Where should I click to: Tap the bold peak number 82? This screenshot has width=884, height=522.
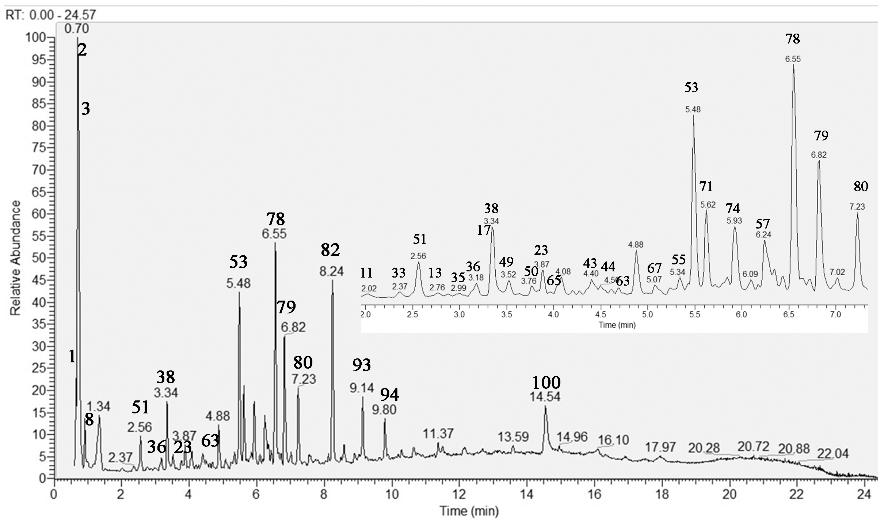[x=330, y=250]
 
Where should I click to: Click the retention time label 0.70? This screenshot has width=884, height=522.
[x=77, y=29]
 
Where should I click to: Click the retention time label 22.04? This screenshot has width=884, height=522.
[x=833, y=454]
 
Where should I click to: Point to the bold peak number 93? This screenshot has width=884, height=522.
[x=361, y=365]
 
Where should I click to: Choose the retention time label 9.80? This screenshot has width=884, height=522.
[x=385, y=409]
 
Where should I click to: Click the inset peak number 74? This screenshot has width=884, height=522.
[x=733, y=209]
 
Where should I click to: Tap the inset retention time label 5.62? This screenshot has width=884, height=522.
[x=708, y=205]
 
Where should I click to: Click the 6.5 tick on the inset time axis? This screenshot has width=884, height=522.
[x=789, y=314]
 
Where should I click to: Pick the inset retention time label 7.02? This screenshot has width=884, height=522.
[x=837, y=272]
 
